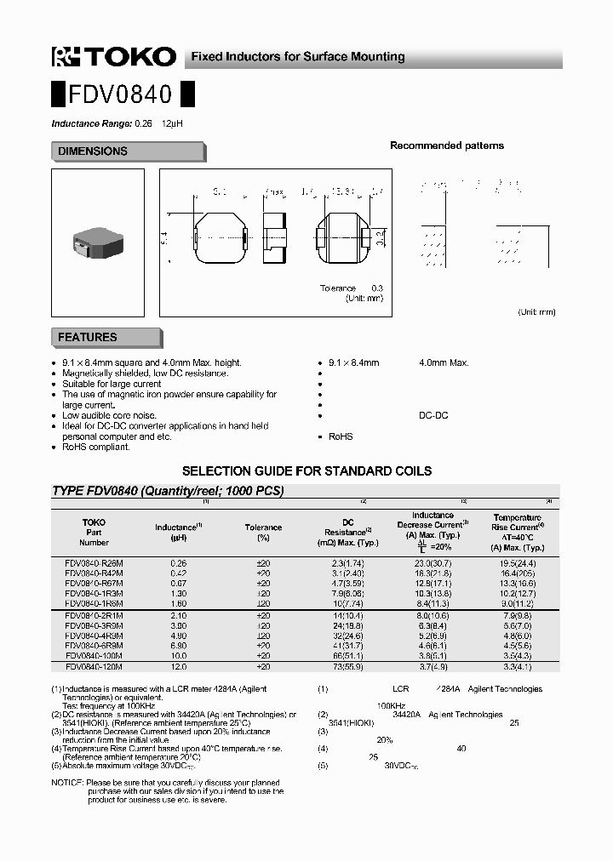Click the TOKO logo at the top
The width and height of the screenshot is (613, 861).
(x=113, y=57)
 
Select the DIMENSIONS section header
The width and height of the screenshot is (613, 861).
(x=93, y=151)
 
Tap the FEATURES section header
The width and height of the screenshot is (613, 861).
(x=88, y=338)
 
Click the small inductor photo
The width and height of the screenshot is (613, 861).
(x=97, y=237)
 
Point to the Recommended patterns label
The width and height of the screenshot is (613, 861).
(x=446, y=145)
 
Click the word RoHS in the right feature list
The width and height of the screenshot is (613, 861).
(x=341, y=436)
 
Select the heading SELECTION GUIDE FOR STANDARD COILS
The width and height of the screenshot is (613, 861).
(x=307, y=470)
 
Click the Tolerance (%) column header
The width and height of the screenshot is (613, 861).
(x=263, y=533)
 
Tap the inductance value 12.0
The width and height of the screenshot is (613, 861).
(x=178, y=667)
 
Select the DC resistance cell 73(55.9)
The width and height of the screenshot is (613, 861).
(x=347, y=667)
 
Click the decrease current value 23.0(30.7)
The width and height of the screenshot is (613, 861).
(x=433, y=563)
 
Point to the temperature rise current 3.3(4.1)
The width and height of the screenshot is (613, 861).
(x=517, y=667)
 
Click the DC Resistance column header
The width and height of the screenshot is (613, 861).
(x=347, y=532)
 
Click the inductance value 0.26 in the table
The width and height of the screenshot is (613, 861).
(x=178, y=563)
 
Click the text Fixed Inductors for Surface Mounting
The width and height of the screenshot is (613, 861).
(x=297, y=57)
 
